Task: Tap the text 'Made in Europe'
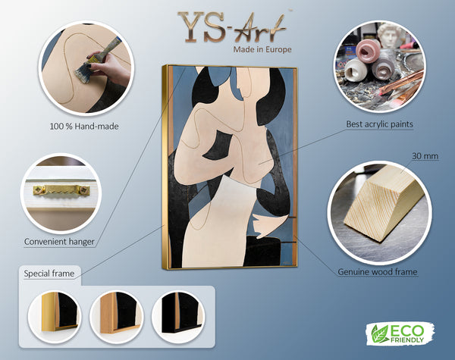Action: (262, 49)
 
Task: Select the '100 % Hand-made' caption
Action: (84, 127)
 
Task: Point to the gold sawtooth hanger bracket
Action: (61, 190)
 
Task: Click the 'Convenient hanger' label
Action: (59, 242)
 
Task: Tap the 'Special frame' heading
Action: (49, 274)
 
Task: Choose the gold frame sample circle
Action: (55, 317)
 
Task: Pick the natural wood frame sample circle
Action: (117, 317)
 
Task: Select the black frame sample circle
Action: (178, 317)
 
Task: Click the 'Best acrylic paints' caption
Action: (380, 124)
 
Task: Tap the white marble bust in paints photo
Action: (390, 36)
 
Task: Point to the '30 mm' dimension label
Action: (425, 156)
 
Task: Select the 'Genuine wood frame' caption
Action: (378, 272)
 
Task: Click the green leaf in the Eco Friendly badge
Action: (381, 334)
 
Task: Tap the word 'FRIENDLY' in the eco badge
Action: (407, 340)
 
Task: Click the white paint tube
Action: (356, 71)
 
